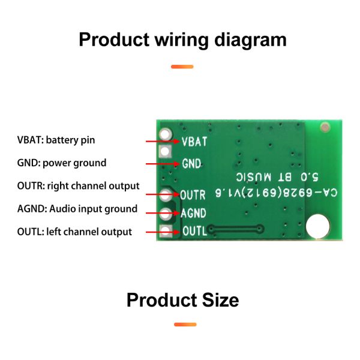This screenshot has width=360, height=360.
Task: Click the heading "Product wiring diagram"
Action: pos(182,40)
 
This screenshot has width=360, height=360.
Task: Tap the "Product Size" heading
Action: pos(182,299)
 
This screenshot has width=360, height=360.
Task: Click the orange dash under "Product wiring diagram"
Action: pos(182,67)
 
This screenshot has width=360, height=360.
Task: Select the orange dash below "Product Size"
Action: pos(185,325)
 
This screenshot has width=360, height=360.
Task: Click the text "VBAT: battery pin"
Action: pos(56,140)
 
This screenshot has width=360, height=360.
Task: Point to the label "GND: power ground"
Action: pos(61,163)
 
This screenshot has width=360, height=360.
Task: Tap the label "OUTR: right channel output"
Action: pos(78,186)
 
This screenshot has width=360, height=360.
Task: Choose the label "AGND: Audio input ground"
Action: pos(77,209)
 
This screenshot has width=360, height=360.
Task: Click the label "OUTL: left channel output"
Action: pos(74,232)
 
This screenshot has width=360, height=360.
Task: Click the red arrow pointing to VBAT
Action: pos(162,141)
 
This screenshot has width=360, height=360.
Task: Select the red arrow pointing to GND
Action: pos(162,163)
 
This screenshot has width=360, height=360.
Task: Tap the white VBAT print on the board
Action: pos(194,142)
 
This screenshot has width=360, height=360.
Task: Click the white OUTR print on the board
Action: pos(193,195)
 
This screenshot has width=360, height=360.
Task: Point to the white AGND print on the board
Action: pos(194,212)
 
